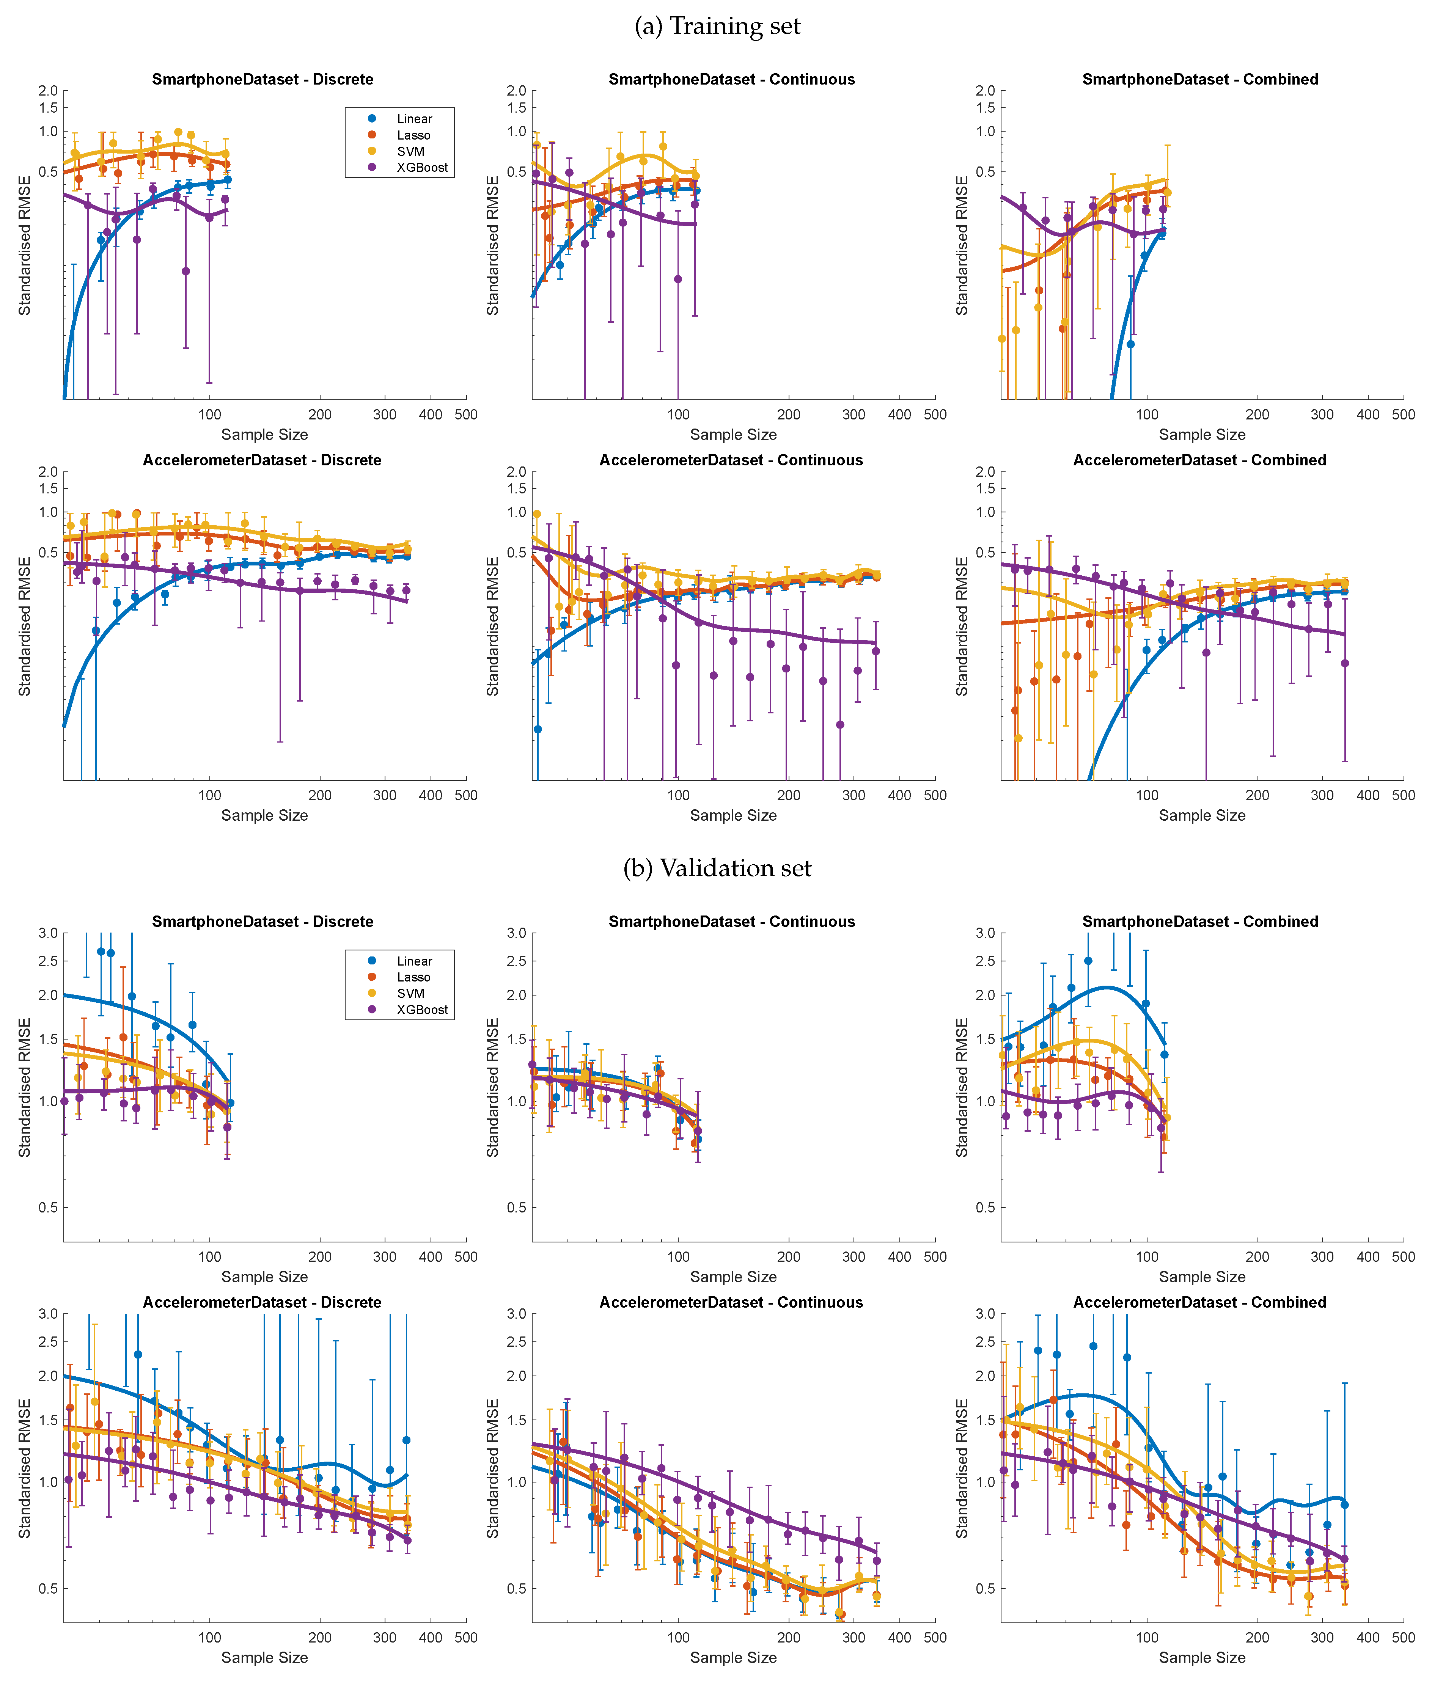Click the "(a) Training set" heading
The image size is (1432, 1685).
(x=717, y=27)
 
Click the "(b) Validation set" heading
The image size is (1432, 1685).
(x=717, y=868)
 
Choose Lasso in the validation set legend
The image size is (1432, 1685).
(x=413, y=977)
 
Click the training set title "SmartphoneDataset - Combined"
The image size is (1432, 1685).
(x=1200, y=80)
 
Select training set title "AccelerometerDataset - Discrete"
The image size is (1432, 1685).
(x=262, y=460)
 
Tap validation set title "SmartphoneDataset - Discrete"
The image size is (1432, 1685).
(x=262, y=921)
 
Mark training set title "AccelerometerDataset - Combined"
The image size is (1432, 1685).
(x=1200, y=460)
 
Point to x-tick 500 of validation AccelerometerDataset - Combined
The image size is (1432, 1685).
(x=1404, y=1637)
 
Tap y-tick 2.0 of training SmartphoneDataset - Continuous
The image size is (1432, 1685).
(x=516, y=91)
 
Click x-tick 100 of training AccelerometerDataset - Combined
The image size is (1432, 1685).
(x=1147, y=795)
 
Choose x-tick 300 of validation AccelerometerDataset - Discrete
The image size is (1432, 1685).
(x=385, y=1637)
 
